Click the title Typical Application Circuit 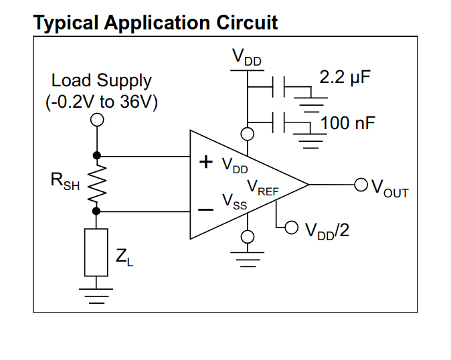coord(155,23)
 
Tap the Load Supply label coord(102,81)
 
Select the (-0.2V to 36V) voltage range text coord(102,102)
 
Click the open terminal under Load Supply coord(97,119)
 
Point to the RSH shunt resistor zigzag coord(97,183)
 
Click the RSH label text coord(65,181)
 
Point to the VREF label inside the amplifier coord(263,187)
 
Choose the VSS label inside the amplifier coord(235,201)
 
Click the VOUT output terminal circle coord(361,184)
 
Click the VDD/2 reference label coord(327,231)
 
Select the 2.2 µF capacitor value coord(345,77)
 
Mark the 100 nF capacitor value coord(348,123)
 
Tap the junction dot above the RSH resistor coord(97,155)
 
